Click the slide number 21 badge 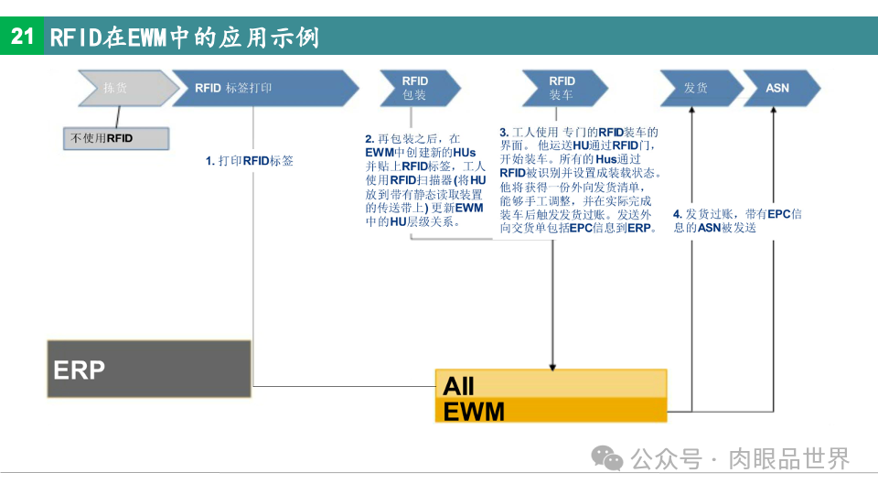click(22, 37)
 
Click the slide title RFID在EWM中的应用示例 click(184, 38)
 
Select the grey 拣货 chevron click(120, 89)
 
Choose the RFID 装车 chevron click(562, 88)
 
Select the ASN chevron click(778, 88)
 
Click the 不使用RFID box click(115, 138)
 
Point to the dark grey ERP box click(149, 369)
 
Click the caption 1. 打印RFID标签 click(249, 161)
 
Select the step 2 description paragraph click(425, 180)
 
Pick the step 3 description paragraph click(580, 180)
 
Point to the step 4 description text click(737, 220)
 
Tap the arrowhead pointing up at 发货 click(692, 112)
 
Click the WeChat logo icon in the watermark click(606, 457)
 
